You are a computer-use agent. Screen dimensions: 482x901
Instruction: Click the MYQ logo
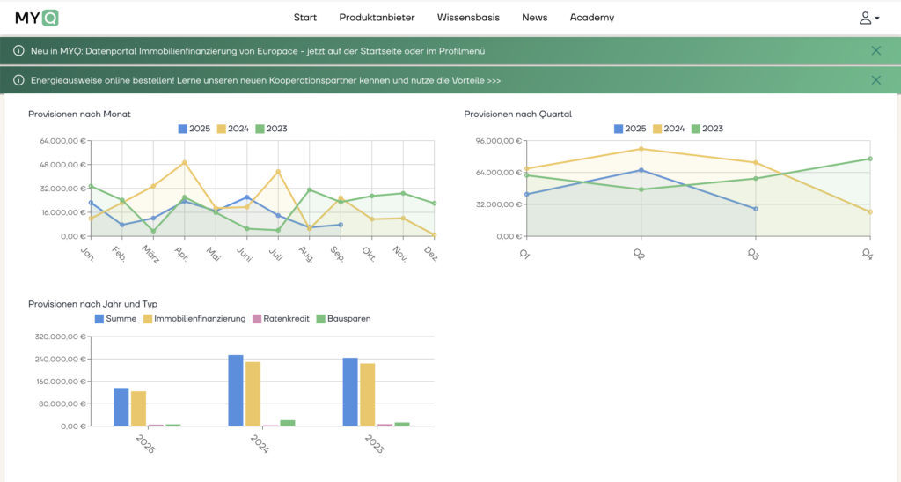(36, 18)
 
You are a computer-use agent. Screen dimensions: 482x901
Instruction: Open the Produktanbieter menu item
(377, 18)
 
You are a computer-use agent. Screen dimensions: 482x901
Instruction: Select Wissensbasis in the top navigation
(468, 18)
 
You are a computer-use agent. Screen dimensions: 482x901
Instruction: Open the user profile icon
(868, 18)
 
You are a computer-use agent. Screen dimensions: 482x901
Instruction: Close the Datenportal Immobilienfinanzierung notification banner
(875, 51)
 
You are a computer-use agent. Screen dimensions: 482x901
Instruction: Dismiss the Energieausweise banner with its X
(875, 80)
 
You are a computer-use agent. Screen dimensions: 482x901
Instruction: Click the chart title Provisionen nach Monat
(79, 114)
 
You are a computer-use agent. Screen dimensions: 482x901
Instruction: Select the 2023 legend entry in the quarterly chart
(707, 129)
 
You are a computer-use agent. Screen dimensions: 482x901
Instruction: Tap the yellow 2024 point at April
(184, 162)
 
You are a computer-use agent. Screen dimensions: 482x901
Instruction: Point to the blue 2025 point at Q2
(641, 170)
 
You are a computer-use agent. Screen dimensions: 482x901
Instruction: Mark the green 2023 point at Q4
(870, 159)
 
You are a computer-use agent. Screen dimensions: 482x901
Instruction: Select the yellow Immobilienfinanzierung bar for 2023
(368, 394)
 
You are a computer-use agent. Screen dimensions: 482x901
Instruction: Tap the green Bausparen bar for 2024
(288, 423)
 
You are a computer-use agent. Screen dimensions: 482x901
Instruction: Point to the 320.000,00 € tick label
(61, 337)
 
